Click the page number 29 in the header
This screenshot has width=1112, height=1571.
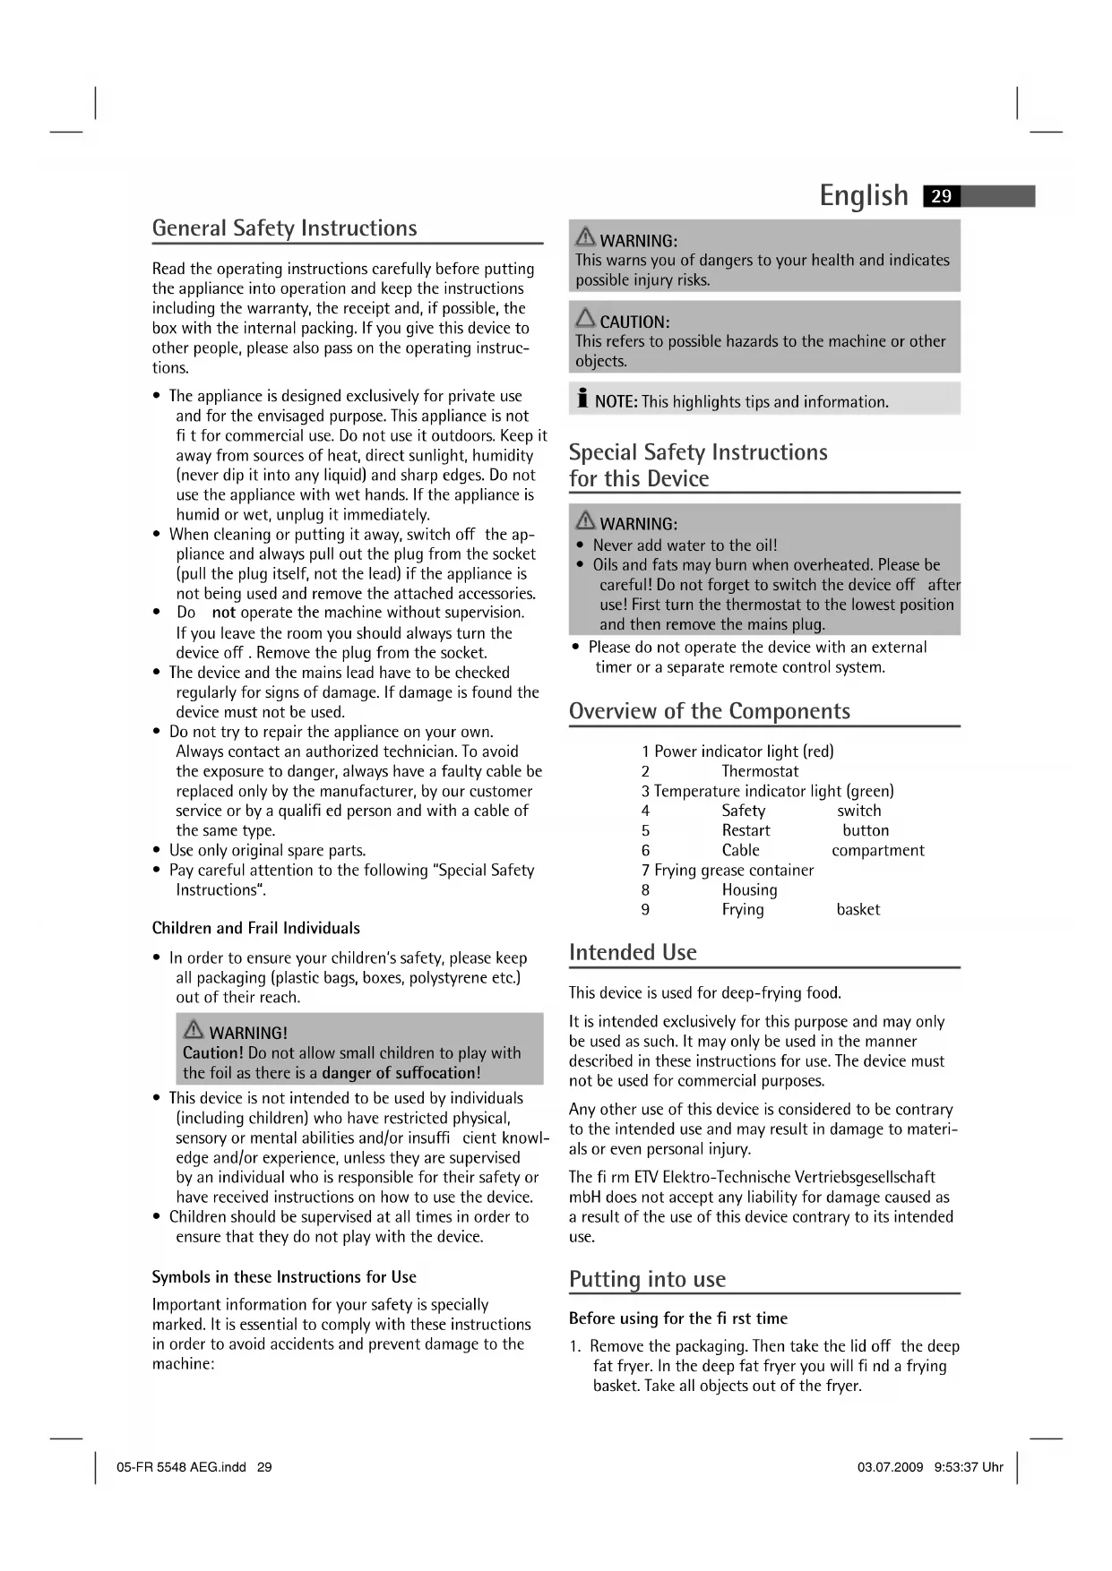(942, 196)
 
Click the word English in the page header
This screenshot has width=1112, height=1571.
(864, 195)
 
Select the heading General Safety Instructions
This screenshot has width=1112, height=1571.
(284, 228)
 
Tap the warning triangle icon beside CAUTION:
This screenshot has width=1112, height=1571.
(585, 319)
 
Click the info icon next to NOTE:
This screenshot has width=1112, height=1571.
(582, 399)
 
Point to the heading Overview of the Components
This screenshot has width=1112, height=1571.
(709, 711)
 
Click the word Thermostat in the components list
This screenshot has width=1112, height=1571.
(760, 771)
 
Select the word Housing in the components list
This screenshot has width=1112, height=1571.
(749, 889)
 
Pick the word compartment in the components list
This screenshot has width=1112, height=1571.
(877, 850)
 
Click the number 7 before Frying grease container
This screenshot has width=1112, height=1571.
(645, 870)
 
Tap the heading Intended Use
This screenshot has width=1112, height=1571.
(633, 952)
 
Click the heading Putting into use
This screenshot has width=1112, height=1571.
(647, 1279)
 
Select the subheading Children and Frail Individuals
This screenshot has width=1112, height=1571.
(256, 928)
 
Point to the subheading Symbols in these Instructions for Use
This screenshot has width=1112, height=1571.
(284, 1276)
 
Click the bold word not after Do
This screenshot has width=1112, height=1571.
(223, 613)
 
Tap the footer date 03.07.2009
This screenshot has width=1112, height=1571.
(890, 1467)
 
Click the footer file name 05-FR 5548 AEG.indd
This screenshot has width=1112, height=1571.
(181, 1467)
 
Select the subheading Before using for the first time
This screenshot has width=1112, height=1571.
(678, 1318)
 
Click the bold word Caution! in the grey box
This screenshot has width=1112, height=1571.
(213, 1052)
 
